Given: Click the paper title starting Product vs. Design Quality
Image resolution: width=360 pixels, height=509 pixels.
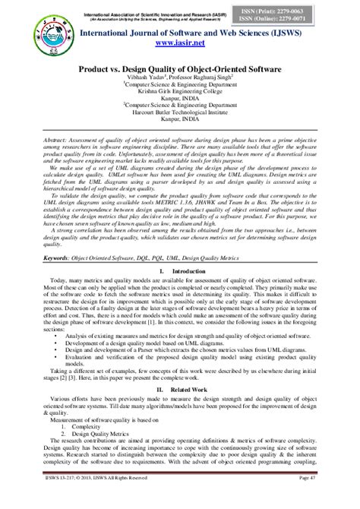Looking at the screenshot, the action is [x=181, y=69].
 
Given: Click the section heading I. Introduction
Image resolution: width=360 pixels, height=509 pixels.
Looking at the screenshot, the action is [x=180, y=270].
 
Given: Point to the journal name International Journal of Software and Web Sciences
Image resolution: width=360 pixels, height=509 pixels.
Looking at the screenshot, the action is [x=180, y=33].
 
